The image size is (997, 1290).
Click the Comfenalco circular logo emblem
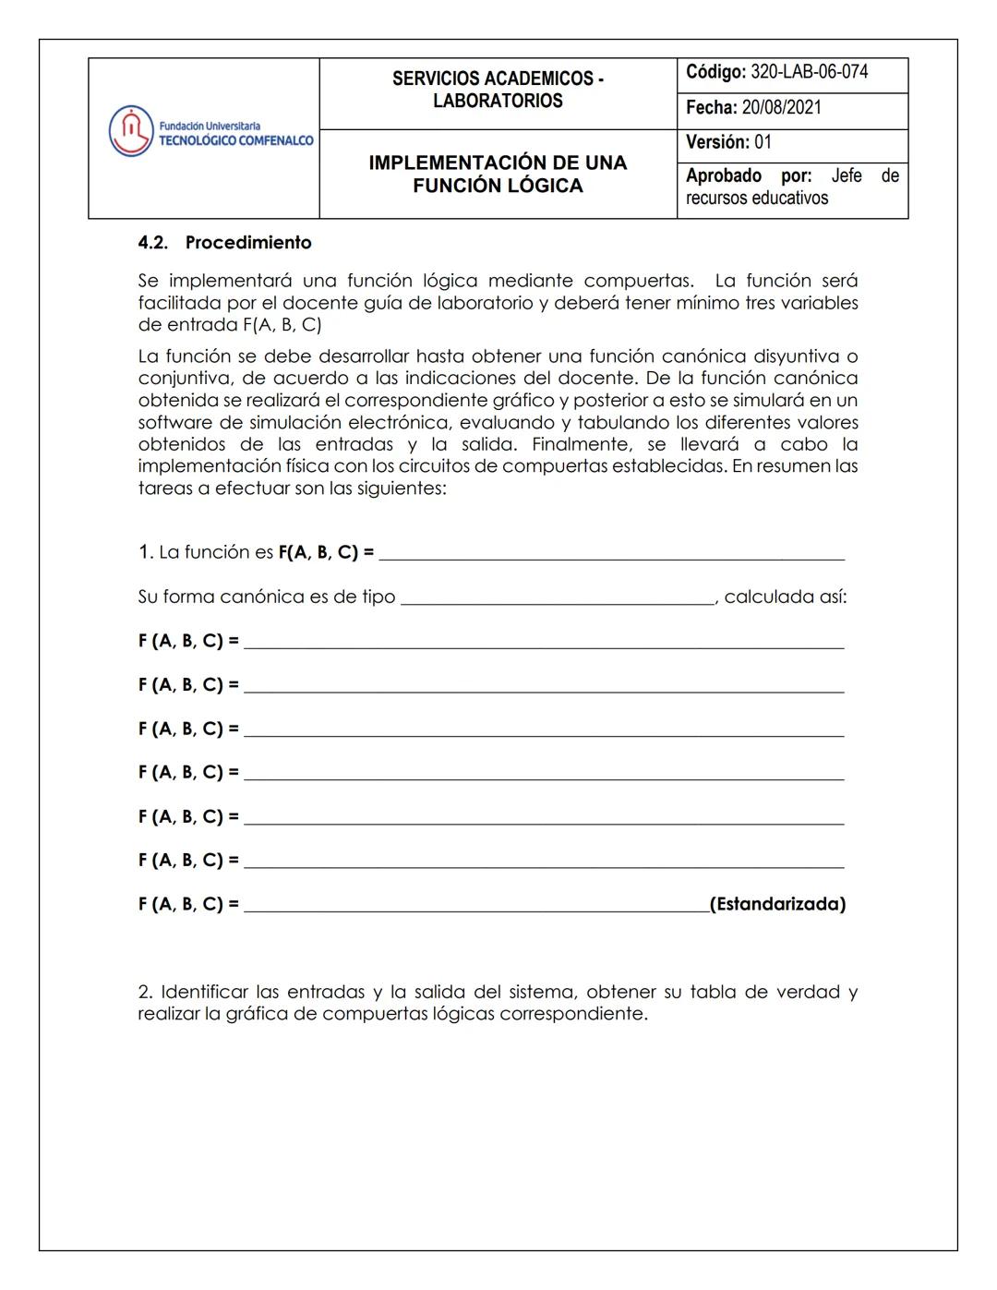pyautogui.click(x=130, y=131)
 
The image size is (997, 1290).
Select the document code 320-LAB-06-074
pyautogui.click(x=809, y=72)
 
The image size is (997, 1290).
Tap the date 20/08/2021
pyautogui.click(x=781, y=107)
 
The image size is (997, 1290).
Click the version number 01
pyautogui.click(x=763, y=142)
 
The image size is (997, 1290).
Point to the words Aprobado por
pyautogui.click(x=748, y=175)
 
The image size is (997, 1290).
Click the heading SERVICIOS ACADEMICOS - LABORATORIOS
pyautogui.click(x=498, y=90)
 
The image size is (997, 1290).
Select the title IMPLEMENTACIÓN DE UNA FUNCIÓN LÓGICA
pyautogui.click(x=498, y=174)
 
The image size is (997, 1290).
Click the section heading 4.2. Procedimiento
pyautogui.click(x=224, y=243)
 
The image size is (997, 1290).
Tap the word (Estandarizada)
pyautogui.click(x=777, y=904)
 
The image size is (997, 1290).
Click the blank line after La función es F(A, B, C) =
pyautogui.click(x=611, y=554)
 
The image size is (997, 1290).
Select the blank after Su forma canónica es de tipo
pyautogui.click(x=558, y=598)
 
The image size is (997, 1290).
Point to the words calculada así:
pyautogui.click(x=786, y=597)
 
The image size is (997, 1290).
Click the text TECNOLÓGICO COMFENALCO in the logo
pyautogui.click(x=235, y=140)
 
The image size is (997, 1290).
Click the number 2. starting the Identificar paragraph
pyautogui.click(x=146, y=992)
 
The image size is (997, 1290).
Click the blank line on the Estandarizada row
pyautogui.click(x=475, y=906)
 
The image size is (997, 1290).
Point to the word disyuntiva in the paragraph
pyautogui.click(x=799, y=356)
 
